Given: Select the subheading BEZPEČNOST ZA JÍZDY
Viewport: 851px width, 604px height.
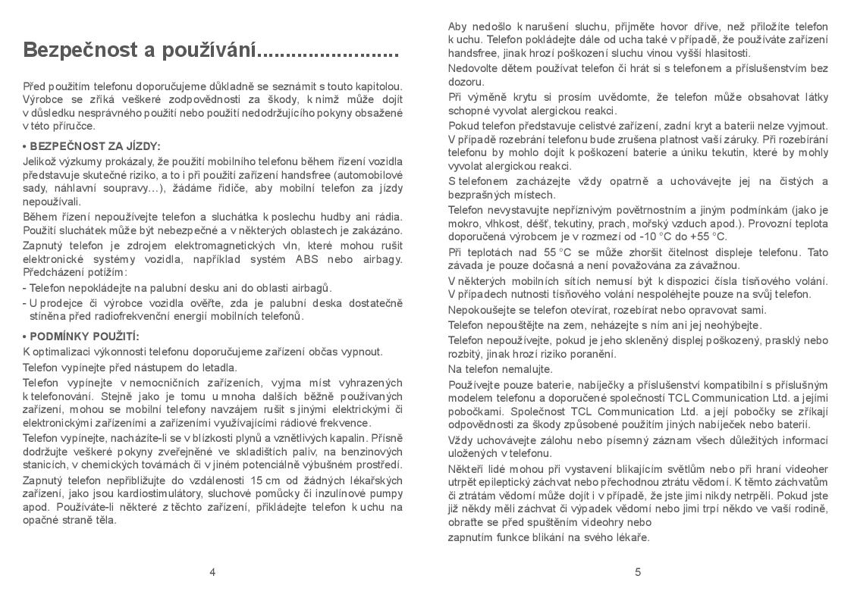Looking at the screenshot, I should click(x=95, y=146).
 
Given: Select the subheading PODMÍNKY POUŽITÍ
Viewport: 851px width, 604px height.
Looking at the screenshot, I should click(x=85, y=336).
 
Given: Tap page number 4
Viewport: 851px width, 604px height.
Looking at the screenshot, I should click(x=212, y=572).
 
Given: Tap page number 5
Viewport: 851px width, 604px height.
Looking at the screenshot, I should click(x=638, y=572).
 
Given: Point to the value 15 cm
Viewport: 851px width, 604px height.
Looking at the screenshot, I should click(x=262, y=480).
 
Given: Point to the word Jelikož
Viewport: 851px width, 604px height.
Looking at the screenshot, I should click(x=40, y=161).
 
